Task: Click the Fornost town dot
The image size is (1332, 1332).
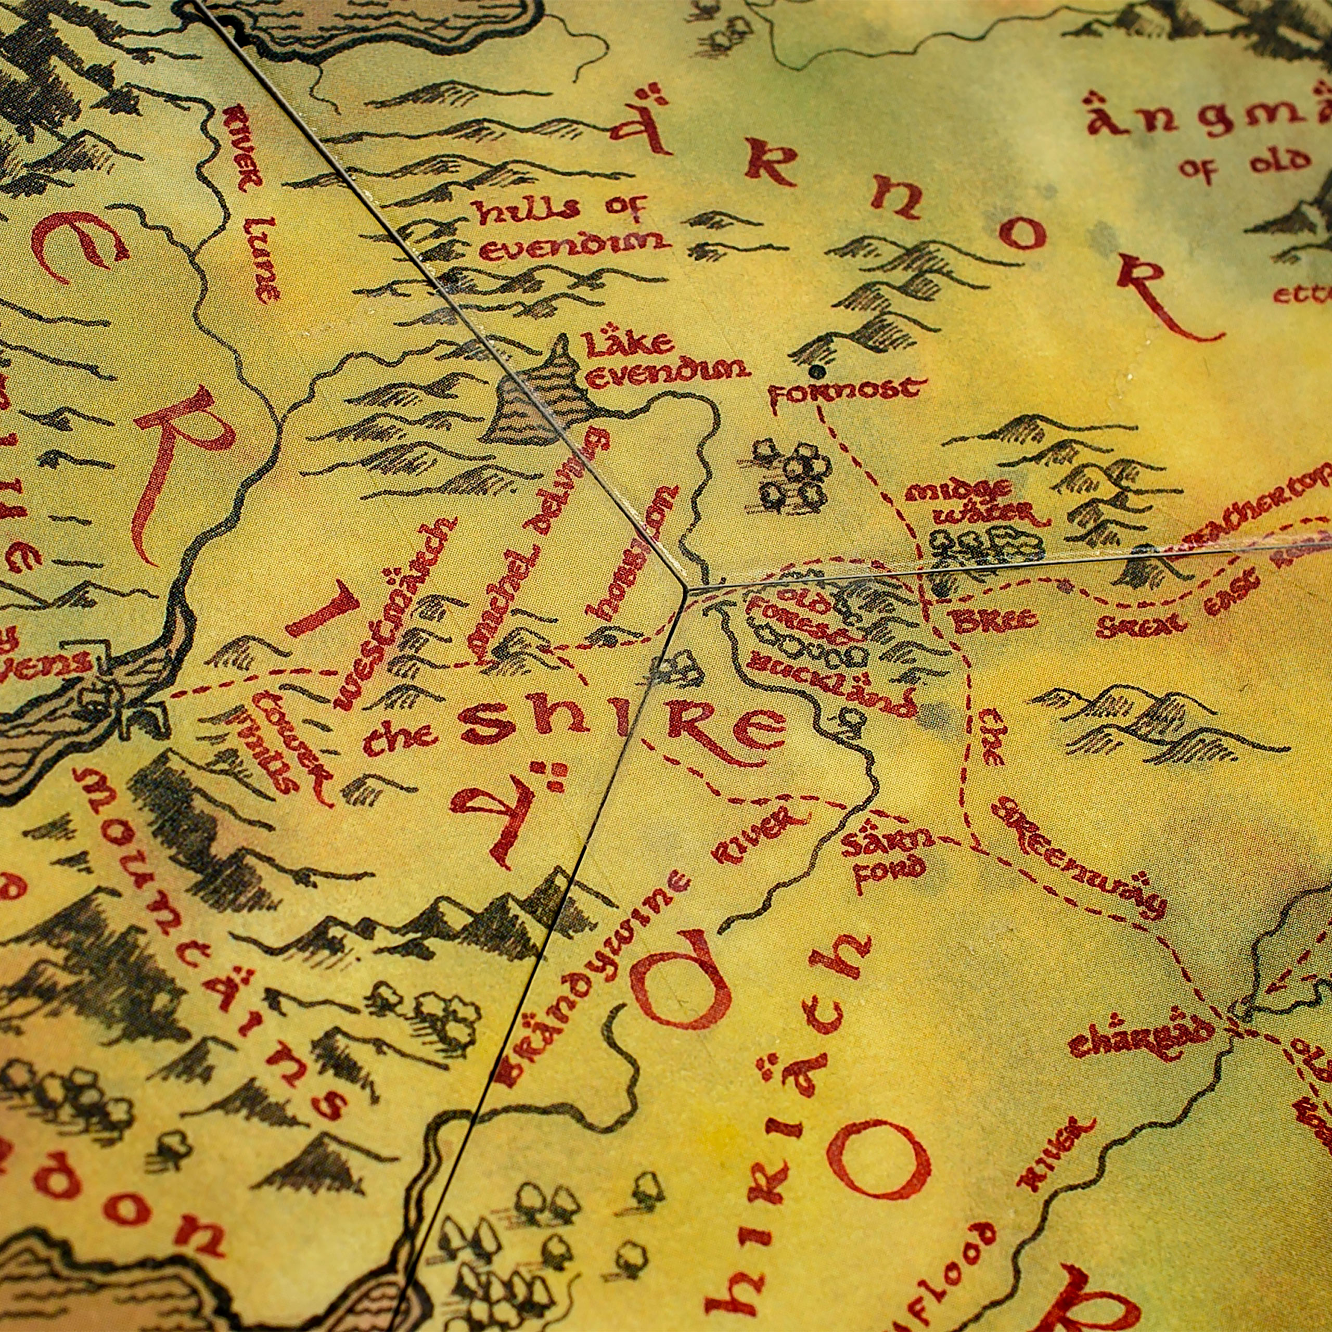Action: pyautogui.click(x=818, y=372)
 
